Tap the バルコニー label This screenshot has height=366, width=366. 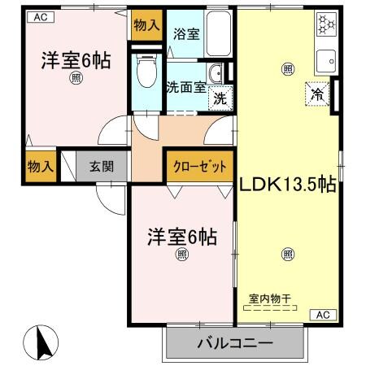235,342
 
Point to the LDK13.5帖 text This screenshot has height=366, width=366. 287,185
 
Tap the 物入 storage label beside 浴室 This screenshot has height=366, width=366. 147,25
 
